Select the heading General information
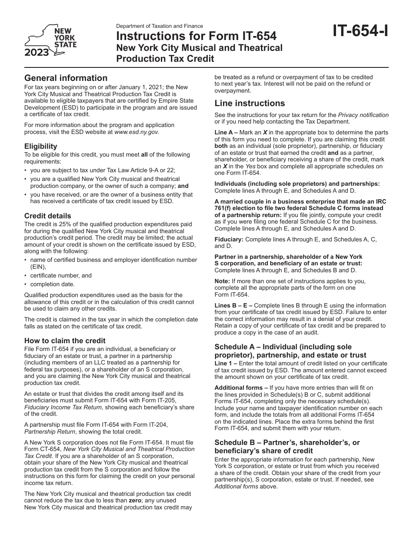click(66, 78)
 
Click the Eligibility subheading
click(40, 147)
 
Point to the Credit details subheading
click(47, 216)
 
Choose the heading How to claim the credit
click(65, 341)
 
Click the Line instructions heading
click(250, 103)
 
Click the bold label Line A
click(224, 133)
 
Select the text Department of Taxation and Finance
click(160, 26)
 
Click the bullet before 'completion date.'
click(26, 284)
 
